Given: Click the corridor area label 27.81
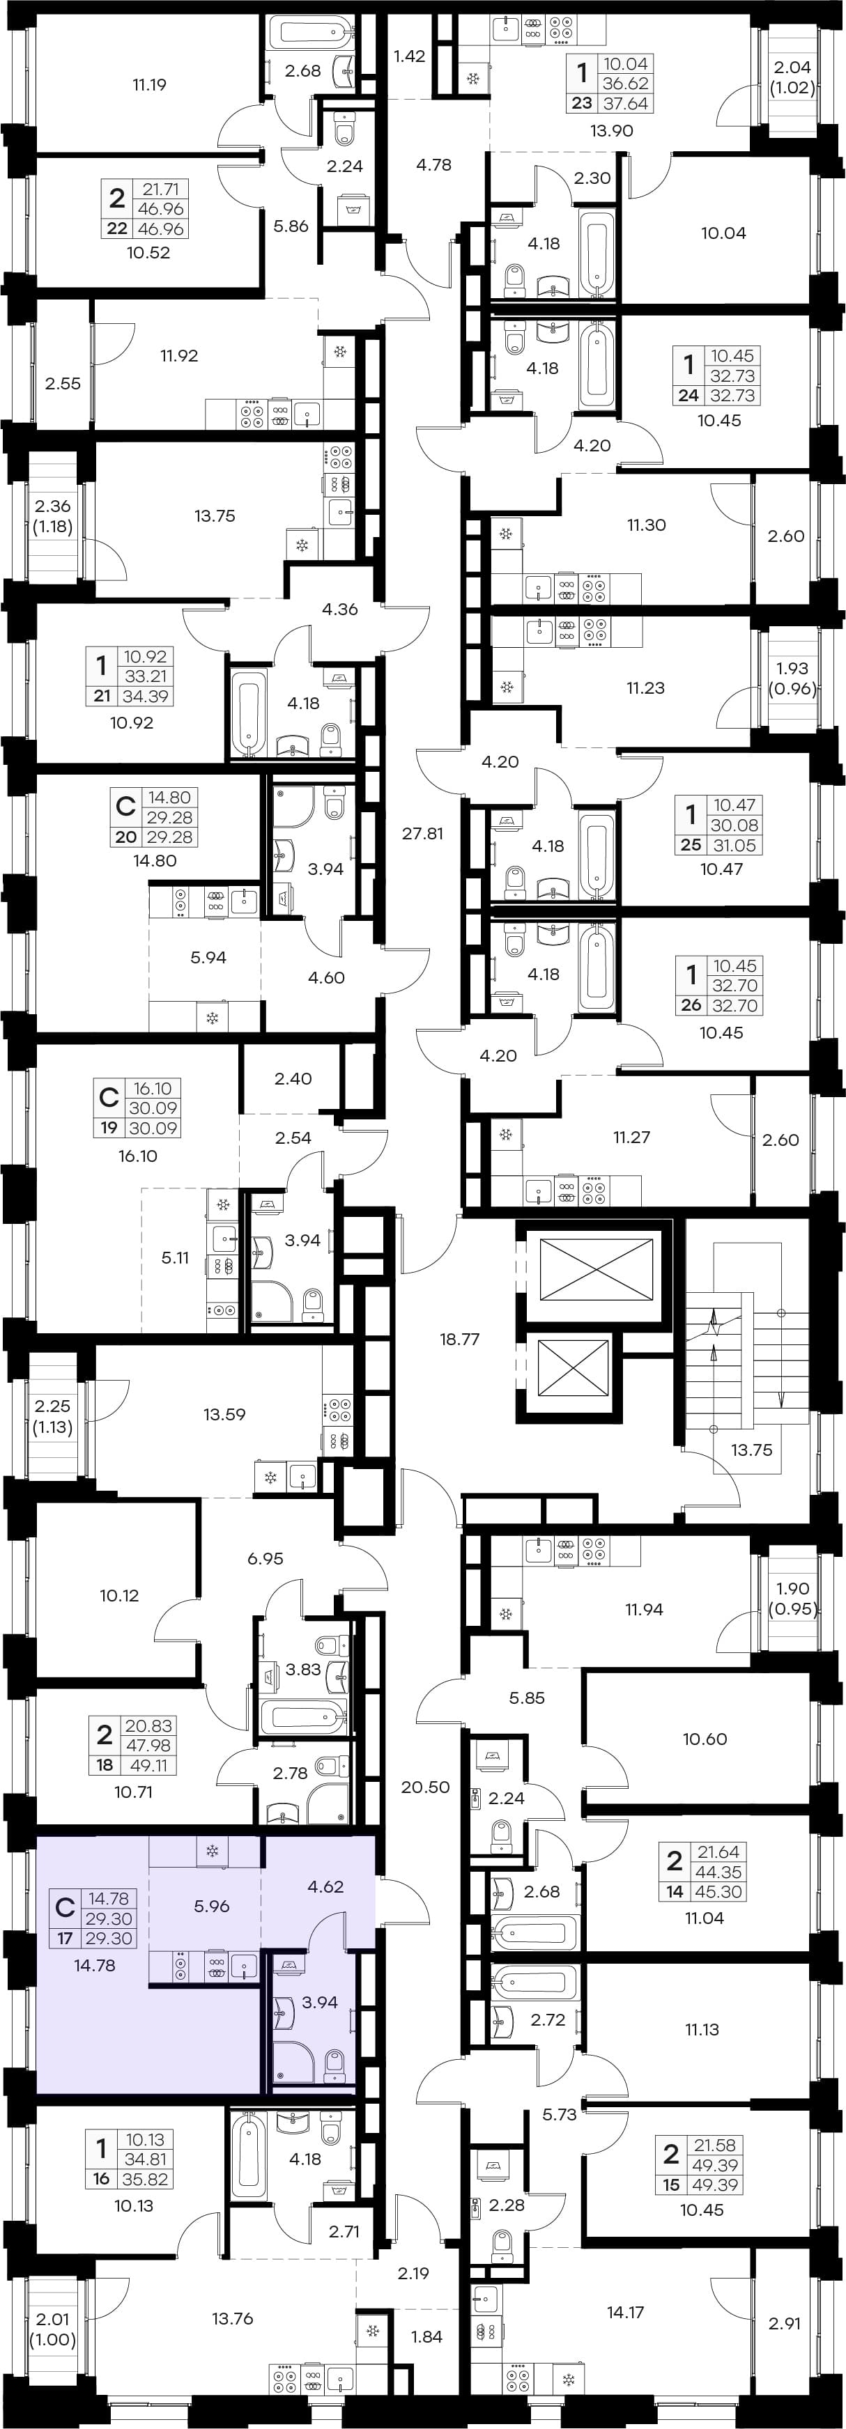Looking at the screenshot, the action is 422,834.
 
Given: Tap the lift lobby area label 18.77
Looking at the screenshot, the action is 459,1339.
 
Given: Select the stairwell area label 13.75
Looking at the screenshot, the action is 752,1450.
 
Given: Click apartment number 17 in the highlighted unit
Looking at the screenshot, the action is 65,1939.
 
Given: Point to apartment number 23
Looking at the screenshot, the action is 582,104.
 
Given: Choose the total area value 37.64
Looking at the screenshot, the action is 626,104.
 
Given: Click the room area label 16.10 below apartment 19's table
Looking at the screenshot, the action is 138,1156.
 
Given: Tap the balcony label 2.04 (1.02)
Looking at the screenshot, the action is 792,77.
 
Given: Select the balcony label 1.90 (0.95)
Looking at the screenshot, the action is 793,1598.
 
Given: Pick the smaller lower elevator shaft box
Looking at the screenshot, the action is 574,1368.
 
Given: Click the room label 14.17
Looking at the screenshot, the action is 625,2312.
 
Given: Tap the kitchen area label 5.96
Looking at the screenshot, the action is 213,1906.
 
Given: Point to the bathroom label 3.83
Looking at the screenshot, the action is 302,1669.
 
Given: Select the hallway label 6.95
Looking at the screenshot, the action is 265,1559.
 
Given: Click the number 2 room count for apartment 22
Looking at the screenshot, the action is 117,198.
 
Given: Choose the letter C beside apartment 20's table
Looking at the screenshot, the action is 125,806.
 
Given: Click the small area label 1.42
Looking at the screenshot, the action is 409,56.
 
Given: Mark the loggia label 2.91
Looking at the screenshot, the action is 785,2323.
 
